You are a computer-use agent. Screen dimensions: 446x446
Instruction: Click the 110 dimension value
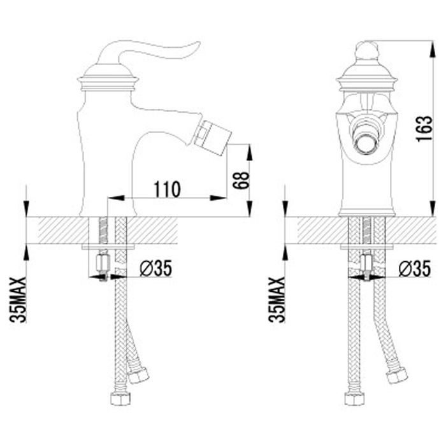[x=167, y=189]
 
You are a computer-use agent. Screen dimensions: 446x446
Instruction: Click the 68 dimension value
[x=241, y=180]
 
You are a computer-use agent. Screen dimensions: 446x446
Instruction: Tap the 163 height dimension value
[x=424, y=128]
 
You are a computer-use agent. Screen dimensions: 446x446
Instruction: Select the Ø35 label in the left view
[x=156, y=268]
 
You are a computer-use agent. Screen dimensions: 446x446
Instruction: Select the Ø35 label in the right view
[x=415, y=268]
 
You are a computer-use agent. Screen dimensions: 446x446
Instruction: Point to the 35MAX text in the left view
[x=18, y=300]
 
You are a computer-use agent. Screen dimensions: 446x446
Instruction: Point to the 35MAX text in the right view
[x=276, y=300]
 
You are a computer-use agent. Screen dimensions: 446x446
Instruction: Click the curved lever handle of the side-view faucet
[x=148, y=52]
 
